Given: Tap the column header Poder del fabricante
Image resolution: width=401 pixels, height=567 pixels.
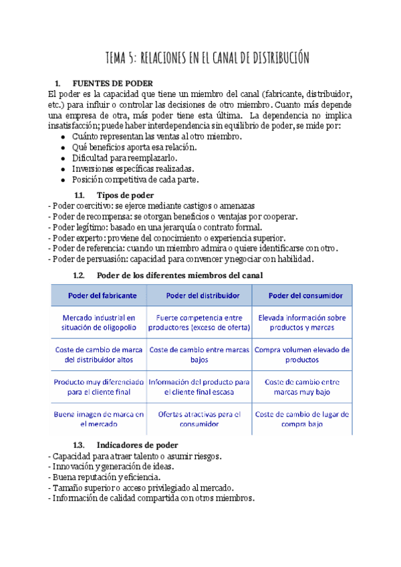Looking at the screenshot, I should pos(102,295).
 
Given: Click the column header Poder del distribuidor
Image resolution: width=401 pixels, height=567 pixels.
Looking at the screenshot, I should pos(200,295).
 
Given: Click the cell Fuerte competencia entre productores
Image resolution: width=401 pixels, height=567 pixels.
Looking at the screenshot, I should pos(199,322).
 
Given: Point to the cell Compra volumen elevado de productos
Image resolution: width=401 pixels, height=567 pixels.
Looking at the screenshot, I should pos(301,354).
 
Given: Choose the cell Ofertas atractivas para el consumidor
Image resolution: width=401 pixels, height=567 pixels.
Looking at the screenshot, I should pos(199,419).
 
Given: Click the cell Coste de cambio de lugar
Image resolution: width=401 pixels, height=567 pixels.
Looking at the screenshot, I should pos(301,419).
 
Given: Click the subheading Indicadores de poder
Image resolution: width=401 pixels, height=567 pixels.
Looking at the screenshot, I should pos(137,445).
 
